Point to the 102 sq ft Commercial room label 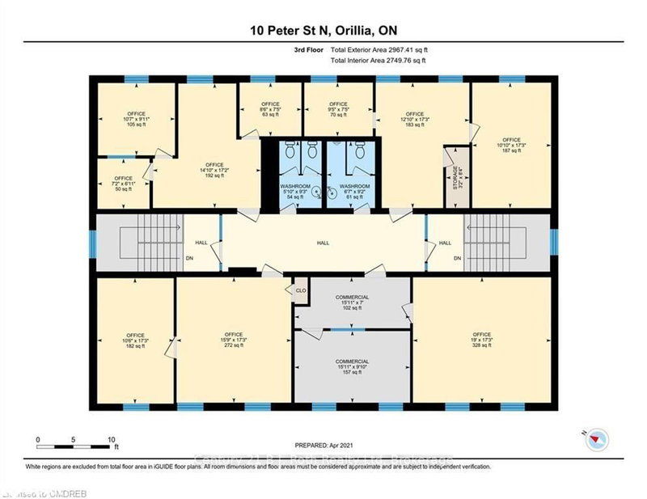click(x=352, y=302)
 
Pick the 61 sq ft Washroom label click(x=354, y=191)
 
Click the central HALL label click(x=322, y=242)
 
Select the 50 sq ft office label click(x=123, y=184)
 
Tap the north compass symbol click(x=596, y=436)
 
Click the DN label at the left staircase click(x=190, y=258)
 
